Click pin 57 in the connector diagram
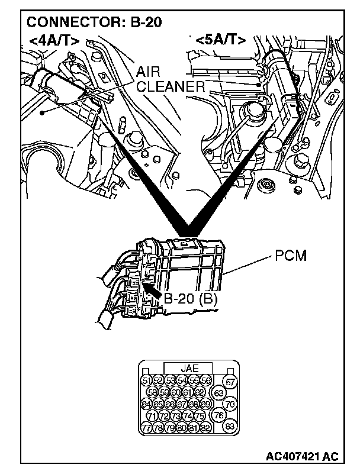click(x=230, y=382)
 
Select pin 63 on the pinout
click(x=219, y=392)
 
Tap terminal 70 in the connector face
click(x=230, y=405)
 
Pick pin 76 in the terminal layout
click(x=219, y=415)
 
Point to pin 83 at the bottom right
click(x=230, y=426)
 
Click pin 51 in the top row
click(x=146, y=380)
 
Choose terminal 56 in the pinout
click(x=205, y=380)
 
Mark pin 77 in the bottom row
click(x=146, y=427)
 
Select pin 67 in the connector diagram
click(x=182, y=404)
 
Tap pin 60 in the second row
click(x=176, y=392)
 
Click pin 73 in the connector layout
click(x=176, y=416)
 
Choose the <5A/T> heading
click(x=220, y=40)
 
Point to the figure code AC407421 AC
click(x=302, y=457)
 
